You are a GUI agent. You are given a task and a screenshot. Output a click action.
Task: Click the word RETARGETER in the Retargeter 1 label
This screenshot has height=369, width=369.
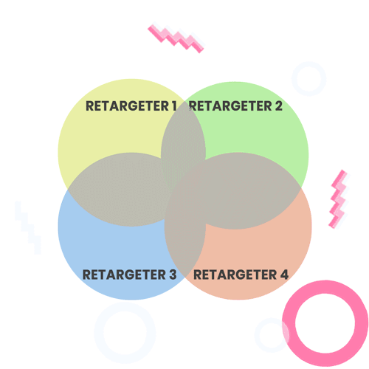127,106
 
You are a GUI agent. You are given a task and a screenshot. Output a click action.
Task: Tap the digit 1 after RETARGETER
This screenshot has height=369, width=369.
174,106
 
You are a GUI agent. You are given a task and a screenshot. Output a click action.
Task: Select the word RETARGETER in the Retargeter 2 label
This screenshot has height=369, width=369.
230,106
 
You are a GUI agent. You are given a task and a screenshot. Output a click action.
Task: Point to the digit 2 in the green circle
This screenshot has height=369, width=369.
278,106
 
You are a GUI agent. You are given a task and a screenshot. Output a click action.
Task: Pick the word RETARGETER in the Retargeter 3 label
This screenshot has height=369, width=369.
124,275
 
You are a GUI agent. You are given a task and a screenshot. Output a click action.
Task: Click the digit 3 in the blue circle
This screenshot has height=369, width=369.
173,275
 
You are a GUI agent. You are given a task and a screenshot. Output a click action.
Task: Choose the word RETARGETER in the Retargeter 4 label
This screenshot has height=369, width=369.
235,275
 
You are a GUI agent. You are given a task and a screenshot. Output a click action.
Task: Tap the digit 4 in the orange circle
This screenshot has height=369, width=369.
284,275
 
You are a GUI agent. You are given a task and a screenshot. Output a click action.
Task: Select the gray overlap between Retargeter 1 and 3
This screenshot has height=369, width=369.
118,190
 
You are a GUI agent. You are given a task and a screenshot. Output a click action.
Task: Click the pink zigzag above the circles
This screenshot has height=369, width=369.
176,38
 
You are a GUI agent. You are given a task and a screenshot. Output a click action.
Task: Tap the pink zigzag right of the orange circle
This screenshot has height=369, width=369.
339,199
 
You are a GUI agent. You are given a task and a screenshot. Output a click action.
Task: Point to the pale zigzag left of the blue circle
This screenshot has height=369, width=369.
27,227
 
